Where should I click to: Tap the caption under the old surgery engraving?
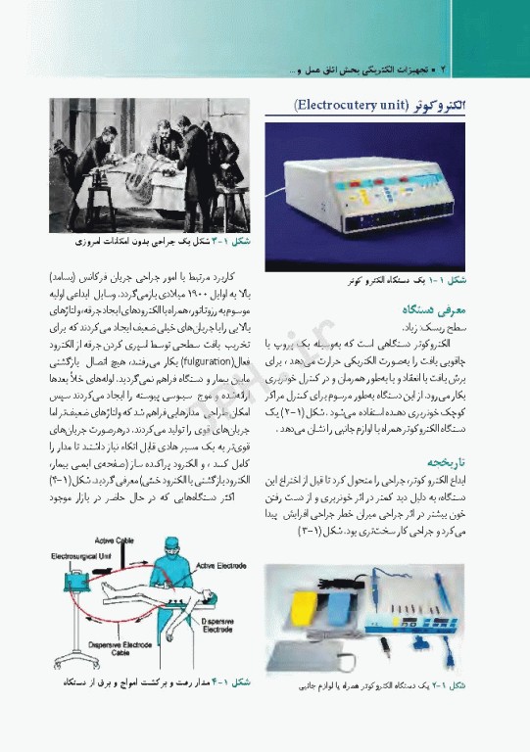163,240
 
